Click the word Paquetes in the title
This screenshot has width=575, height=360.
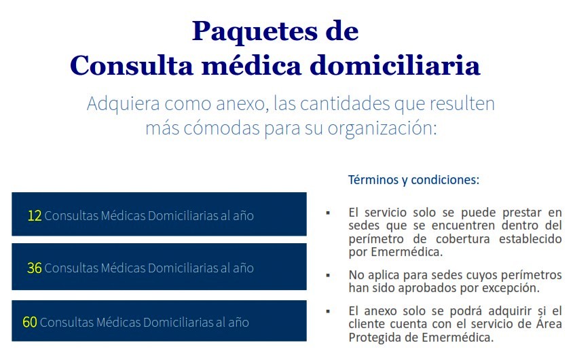point(255,31)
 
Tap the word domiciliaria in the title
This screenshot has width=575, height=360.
point(395,65)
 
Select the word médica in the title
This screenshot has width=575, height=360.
point(252,65)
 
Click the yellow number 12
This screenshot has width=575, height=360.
point(35,215)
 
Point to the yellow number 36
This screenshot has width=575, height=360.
point(35,268)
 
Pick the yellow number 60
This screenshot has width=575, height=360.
point(30,322)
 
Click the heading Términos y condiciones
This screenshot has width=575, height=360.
point(413,180)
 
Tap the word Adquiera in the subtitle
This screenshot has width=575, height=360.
point(124,104)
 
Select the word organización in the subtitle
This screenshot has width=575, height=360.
point(382,128)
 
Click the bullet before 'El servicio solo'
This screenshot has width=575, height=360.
point(328,213)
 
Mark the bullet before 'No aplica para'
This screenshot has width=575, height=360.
point(328,275)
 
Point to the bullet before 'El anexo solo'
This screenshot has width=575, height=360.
point(328,311)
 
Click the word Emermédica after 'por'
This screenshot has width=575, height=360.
point(407,252)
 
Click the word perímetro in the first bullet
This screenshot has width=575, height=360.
point(376,239)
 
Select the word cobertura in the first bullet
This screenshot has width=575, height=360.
point(463,239)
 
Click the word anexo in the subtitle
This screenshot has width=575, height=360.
point(240,104)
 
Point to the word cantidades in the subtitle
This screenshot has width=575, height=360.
point(345,104)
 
